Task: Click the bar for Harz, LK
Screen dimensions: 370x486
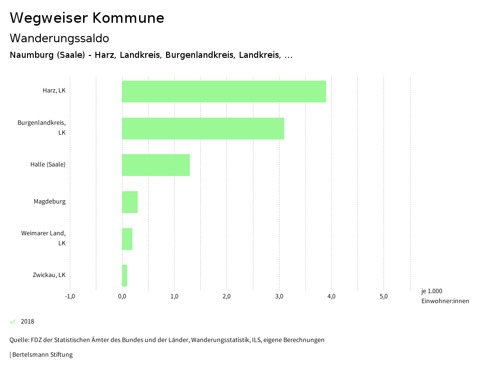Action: (224, 92)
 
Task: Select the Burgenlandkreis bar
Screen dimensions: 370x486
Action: (203, 128)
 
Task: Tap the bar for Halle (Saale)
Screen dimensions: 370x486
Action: (156, 165)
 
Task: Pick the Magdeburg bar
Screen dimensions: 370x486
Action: (130, 202)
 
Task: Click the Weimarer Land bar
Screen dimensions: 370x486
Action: (127, 239)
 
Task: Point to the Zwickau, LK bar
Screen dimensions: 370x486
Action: (124, 276)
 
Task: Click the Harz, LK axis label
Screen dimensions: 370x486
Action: (54, 91)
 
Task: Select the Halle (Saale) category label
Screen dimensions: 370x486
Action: (47, 165)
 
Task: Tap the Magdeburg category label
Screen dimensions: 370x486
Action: (49, 202)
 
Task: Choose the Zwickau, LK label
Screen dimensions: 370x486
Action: (49, 275)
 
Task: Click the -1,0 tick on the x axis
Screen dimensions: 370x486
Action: (70, 297)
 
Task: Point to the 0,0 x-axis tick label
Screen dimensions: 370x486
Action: (122, 297)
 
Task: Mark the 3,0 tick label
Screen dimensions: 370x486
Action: (279, 297)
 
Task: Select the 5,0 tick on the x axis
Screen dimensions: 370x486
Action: (383, 297)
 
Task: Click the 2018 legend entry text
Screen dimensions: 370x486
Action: (28, 322)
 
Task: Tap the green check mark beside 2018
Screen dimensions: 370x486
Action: (13, 322)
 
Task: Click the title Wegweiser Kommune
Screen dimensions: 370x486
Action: (87, 18)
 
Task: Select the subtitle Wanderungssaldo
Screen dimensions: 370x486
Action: (59, 38)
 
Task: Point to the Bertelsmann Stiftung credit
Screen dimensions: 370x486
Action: (41, 355)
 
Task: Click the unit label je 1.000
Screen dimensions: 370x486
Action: (431, 291)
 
